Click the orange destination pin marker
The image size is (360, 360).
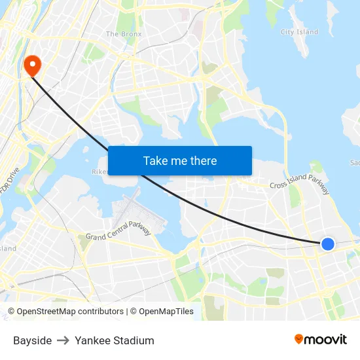coord(31,64)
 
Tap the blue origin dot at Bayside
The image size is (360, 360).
coord(328,244)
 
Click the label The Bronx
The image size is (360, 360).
coord(124,34)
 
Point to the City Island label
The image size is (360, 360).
coord(299,32)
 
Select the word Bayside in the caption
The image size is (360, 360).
coord(32,340)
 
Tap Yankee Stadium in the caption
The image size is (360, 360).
coord(115,340)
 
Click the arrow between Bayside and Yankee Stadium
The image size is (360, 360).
coord(63,340)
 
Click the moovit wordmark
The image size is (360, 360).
coord(326,340)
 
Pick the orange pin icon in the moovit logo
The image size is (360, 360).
coord(299,339)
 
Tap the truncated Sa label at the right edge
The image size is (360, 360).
coord(355,162)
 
